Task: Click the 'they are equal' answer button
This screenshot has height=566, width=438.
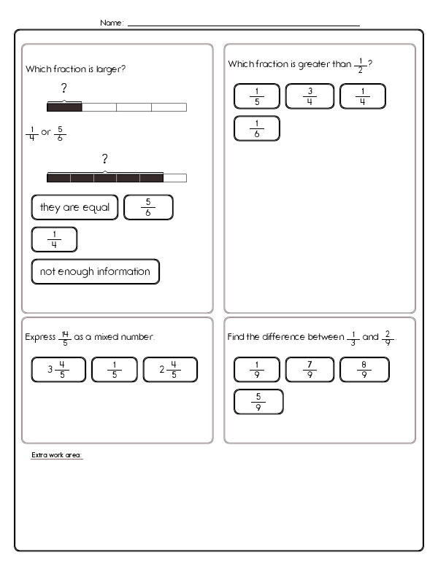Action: pos(74,207)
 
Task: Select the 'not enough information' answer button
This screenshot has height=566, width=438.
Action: pos(95,271)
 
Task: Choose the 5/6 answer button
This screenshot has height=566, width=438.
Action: pos(148,207)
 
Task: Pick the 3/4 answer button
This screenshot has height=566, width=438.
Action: pos(310,96)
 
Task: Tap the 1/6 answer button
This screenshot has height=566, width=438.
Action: pos(256,128)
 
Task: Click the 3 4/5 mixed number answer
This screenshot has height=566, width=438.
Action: pos(58,369)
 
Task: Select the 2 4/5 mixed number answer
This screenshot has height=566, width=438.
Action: pos(170,369)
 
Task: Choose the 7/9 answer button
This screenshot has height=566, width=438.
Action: pos(310,369)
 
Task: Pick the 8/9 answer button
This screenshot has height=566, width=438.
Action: pos(364,369)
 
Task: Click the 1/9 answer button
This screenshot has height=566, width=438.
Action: pos(256,369)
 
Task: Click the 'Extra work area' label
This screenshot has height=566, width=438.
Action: pos(57,455)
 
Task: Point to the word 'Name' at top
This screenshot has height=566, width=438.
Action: pos(111,23)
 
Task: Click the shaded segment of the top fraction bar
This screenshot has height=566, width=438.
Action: pos(64,107)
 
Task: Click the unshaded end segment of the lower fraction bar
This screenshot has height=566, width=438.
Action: pos(174,177)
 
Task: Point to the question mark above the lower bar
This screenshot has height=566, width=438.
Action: pos(105,159)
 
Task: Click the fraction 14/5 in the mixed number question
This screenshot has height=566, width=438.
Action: pos(64,337)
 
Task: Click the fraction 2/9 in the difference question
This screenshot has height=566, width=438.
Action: pos(388,337)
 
